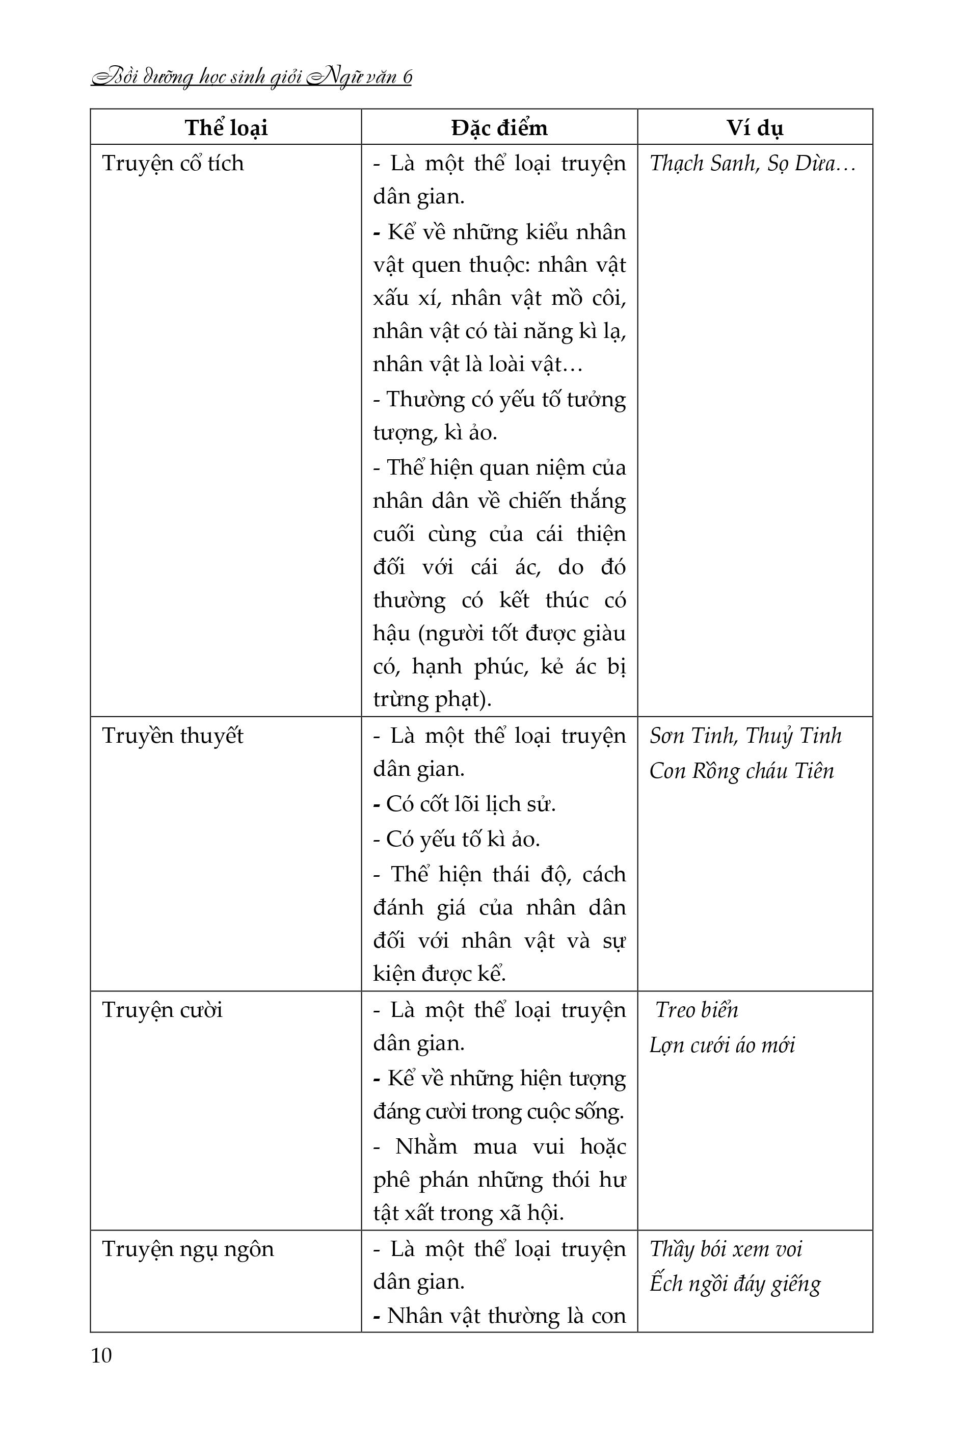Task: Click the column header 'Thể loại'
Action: point(226,128)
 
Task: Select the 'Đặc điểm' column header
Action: point(499,128)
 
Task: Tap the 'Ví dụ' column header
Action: point(755,128)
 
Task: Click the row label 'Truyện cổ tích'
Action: point(173,164)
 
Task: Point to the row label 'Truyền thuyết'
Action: point(173,736)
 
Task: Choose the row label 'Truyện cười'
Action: point(162,1010)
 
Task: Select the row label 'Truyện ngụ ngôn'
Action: point(188,1249)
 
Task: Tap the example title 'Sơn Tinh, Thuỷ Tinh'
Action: point(745,736)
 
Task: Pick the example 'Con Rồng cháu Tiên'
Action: point(741,771)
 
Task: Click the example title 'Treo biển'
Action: point(697,1010)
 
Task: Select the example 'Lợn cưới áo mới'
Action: point(721,1045)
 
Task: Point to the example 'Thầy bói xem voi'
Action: point(726,1249)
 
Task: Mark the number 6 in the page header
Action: point(407,77)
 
